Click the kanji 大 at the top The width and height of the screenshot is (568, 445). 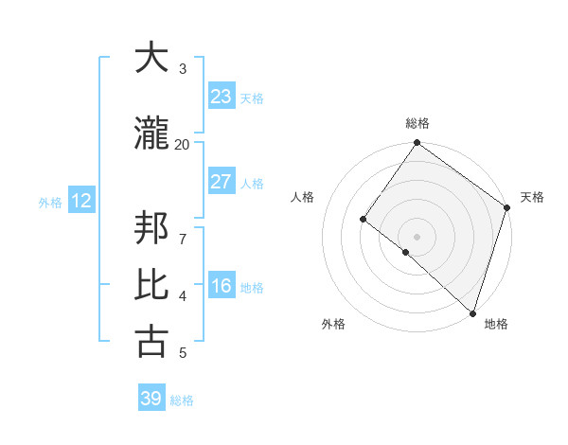[x=151, y=58]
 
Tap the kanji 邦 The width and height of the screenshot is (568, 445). [x=151, y=231]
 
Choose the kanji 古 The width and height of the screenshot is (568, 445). [x=151, y=342]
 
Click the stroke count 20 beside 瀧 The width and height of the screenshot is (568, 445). [x=182, y=145]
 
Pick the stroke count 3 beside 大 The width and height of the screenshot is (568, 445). [x=183, y=69]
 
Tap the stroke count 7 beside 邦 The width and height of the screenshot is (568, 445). [x=183, y=228]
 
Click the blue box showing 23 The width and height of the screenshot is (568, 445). [x=221, y=97]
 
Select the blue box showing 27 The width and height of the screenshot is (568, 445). [x=221, y=182]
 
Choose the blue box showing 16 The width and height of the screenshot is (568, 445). [x=221, y=286]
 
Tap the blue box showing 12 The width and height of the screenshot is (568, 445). [x=81, y=201]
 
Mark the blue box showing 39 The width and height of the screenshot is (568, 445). [x=151, y=399]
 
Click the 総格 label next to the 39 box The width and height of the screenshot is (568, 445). [x=182, y=400]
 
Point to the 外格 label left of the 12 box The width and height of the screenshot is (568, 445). [x=50, y=202]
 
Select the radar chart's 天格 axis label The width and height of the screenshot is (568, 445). [x=532, y=197]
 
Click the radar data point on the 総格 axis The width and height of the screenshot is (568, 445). [x=417, y=144]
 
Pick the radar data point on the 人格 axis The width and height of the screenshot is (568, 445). [x=363, y=219]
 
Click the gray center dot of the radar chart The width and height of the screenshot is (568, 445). [x=417, y=236]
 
